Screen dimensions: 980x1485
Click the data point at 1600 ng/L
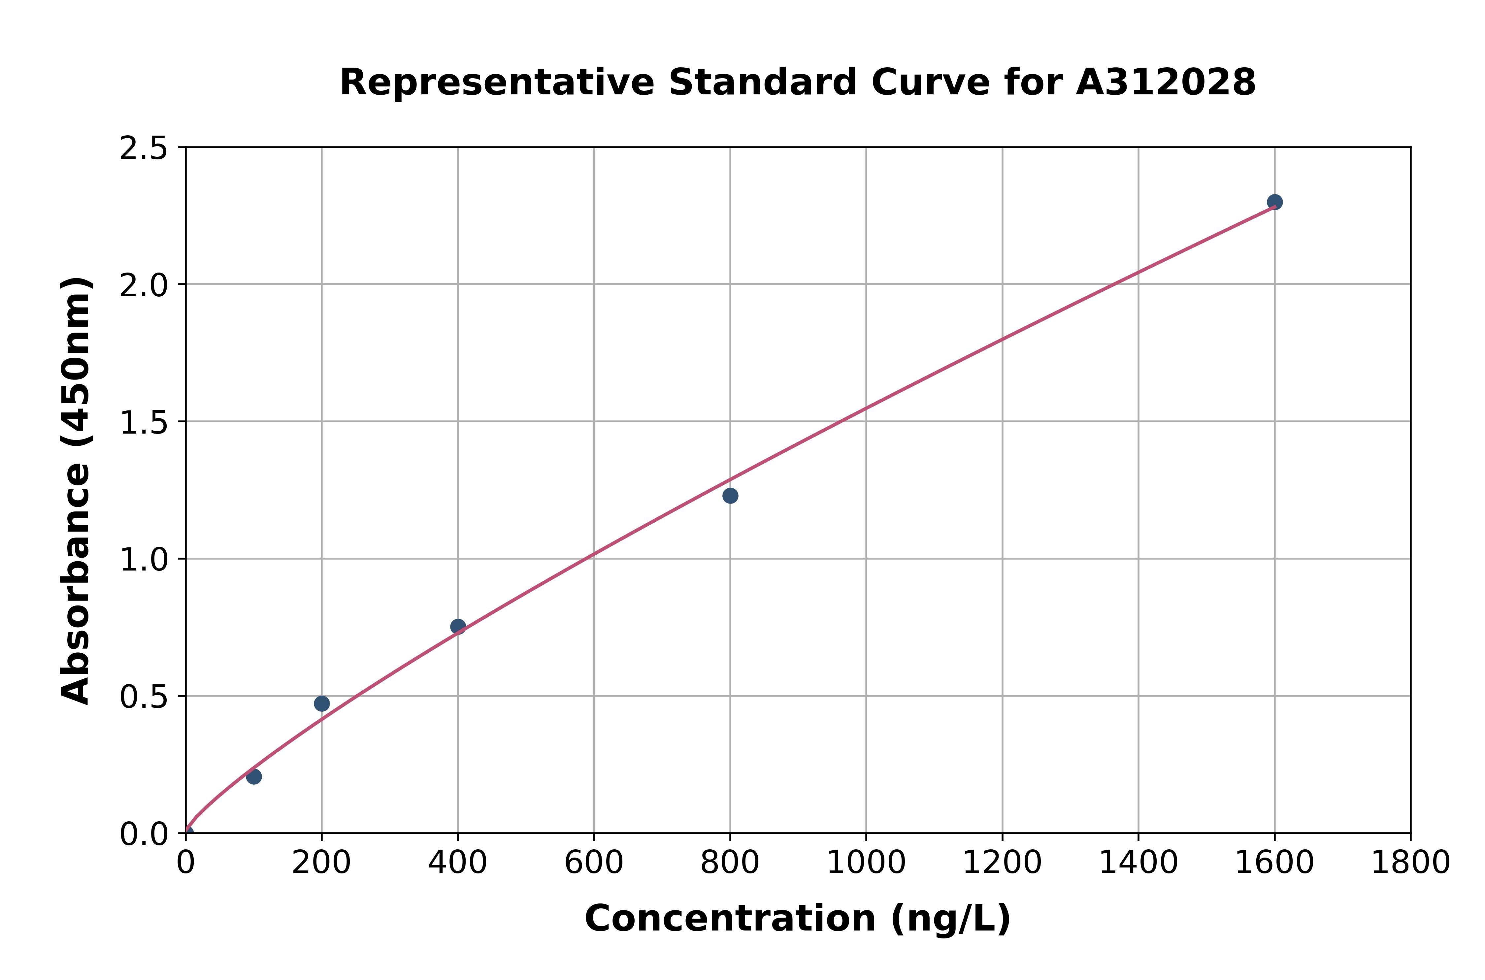point(1274,202)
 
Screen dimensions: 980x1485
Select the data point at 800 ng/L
point(730,496)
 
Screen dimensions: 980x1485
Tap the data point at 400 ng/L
point(457,626)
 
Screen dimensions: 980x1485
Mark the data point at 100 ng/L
point(254,777)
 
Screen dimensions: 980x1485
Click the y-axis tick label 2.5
point(144,149)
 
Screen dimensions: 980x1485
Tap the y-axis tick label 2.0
point(144,286)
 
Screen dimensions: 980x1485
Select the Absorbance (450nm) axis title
point(76,491)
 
